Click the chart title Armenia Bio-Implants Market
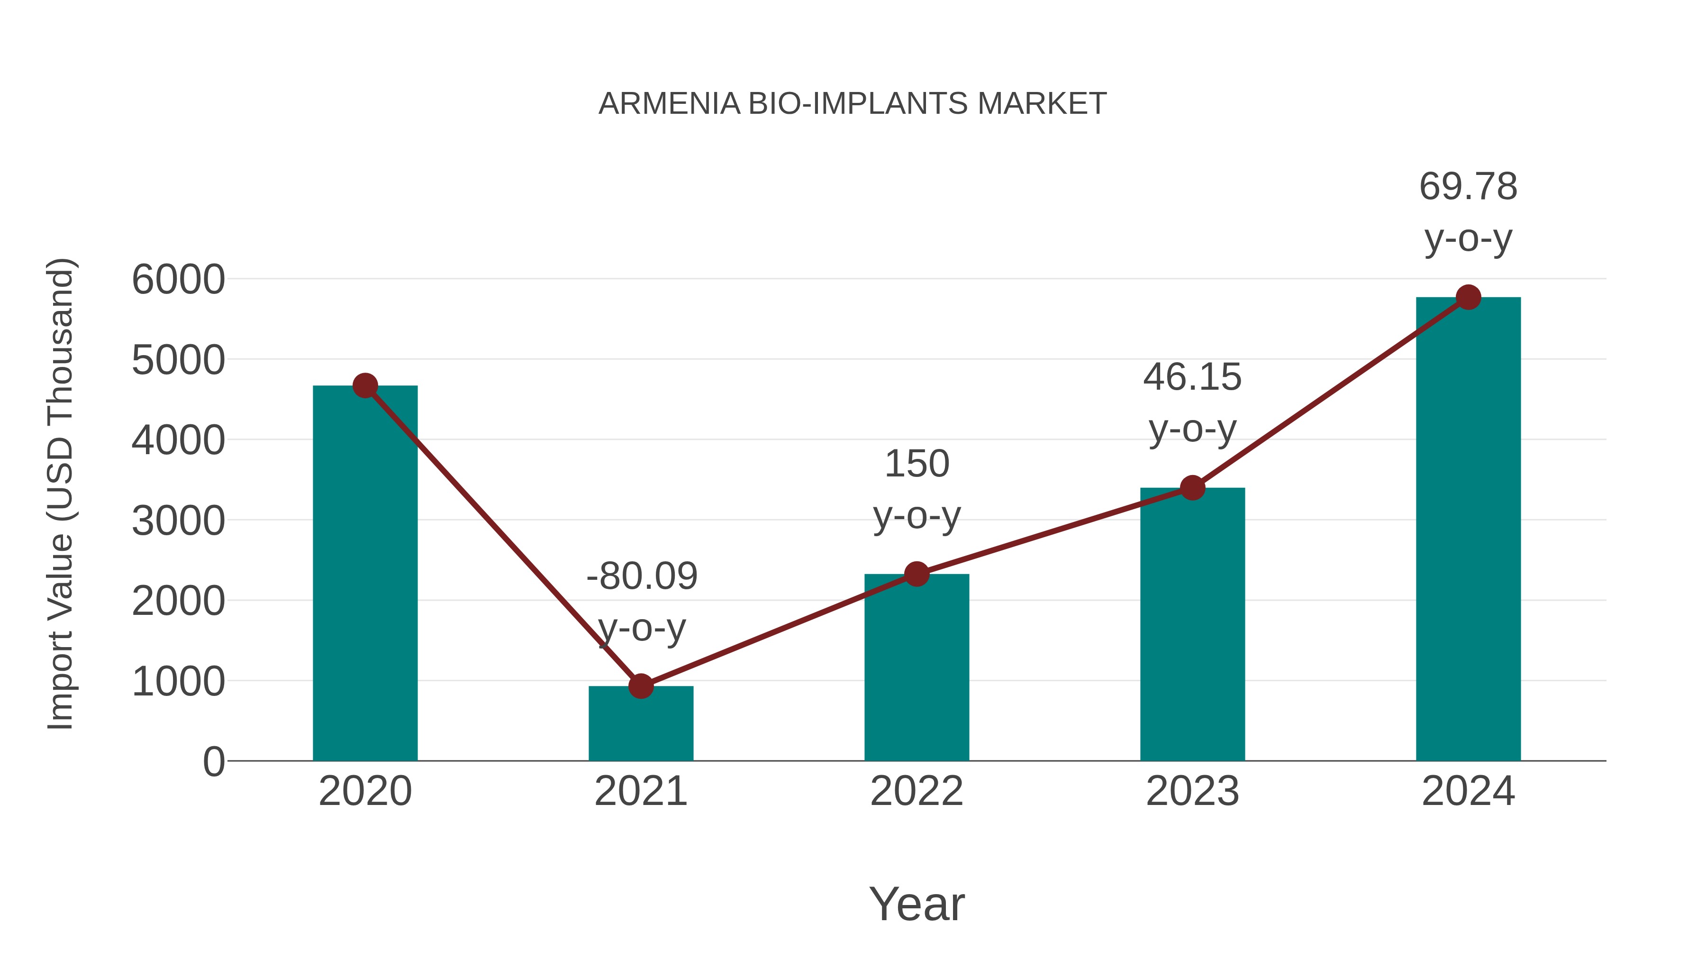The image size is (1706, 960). tap(853, 104)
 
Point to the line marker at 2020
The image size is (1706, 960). tap(365, 385)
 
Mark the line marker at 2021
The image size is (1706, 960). tap(640, 686)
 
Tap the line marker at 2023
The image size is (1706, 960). tap(1192, 488)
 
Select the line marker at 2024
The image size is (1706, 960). tap(1468, 297)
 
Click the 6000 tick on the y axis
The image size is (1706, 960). tap(178, 280)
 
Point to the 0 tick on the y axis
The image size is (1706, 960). tap(213, 762)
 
